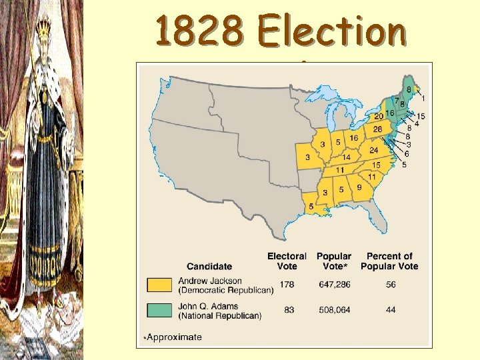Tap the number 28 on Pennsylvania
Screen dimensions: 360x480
click(x=377, y=129)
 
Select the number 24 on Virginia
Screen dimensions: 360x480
click(x=374, y=150)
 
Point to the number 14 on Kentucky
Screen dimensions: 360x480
click(x=346, y=157)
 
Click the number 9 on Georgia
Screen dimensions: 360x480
click(x=359, y=188)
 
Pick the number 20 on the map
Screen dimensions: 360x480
click(x=378, y=116)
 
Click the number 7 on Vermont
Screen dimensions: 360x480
click(x=395, y=101)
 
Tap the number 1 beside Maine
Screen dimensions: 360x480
click(x=425, y=99)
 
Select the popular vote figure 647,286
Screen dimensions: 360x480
click(x=333, y=285)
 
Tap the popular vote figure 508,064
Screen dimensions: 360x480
click(x=333, y=309)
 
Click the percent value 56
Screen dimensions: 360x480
click(x=389, y=285)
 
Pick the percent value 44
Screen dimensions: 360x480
click(x=389, y=309)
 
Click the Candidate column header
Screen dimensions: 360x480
click(x=209, y=266)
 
